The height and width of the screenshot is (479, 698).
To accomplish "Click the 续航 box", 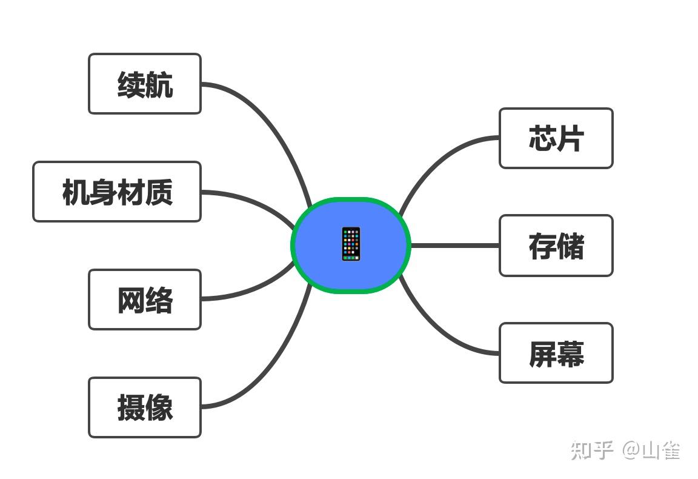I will pos(144,84).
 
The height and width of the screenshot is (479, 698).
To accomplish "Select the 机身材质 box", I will pos(116,192).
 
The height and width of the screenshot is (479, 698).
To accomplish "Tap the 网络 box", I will pos(144,300).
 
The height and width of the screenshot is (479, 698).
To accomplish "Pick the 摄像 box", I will pos(144,407).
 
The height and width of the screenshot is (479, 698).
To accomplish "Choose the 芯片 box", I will pos(556,138).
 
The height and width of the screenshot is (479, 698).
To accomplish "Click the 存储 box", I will pos(556,246).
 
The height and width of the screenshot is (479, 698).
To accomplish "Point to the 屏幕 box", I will pos(556,353).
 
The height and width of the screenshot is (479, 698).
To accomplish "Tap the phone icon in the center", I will pos(351,244).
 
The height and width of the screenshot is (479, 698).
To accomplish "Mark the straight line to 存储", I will pos(454,246).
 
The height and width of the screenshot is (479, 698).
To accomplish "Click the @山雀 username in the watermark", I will pos(652,451).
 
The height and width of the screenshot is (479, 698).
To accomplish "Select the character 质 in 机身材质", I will pos(159,192).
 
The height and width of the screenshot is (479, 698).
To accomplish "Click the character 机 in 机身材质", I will pos(75,192).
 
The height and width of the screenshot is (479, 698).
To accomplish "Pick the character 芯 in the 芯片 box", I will pos(542,138).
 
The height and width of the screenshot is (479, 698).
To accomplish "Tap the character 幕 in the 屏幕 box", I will pos(570,353).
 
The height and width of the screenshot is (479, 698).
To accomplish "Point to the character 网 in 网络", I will pos(131,300).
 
